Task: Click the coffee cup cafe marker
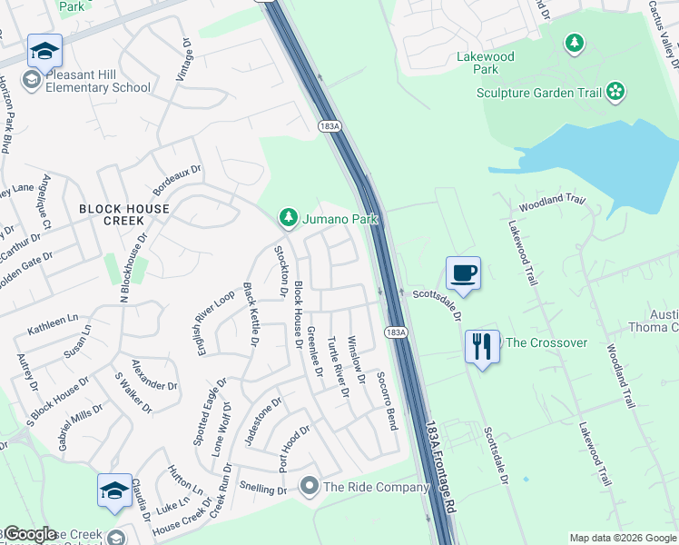(463, 272)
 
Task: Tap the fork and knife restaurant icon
(481, 346)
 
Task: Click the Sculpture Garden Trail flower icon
(616, 91)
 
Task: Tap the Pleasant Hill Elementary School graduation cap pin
(43, 51)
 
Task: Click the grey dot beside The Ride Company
(310, 487)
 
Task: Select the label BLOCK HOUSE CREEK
(123, 214)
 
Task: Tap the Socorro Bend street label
(387, 401)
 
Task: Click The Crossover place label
(546, 342)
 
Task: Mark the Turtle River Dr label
(338, 367)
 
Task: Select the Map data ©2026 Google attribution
(624, 538)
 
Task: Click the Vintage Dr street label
(185, 61)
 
